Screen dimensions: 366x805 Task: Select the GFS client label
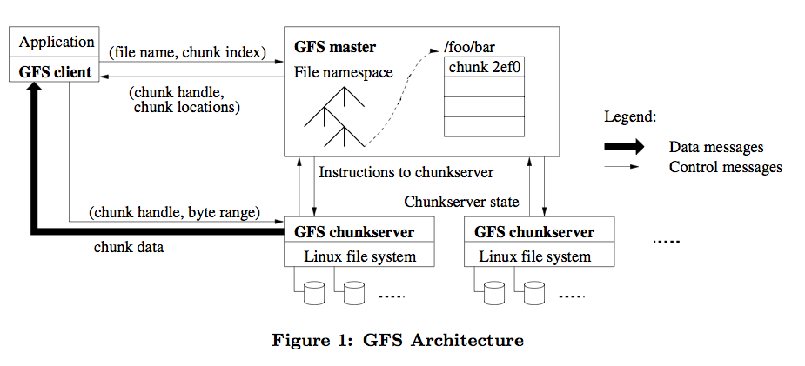click(55, 72)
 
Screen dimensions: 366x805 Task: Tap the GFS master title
click(335, 46)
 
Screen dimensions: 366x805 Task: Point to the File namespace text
click(343, 72)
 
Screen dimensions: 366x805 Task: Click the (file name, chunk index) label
click(187, 53)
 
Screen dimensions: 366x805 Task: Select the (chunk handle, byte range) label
click(173, 211)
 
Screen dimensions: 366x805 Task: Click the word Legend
click(630, 116)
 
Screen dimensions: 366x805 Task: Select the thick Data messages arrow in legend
click(625, 147)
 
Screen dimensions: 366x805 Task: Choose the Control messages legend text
click(725, 167)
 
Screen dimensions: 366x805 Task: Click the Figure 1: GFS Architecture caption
click(398, 340)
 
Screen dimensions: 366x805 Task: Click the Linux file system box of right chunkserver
click(534, 256)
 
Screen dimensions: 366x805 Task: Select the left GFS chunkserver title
click(353, 232)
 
